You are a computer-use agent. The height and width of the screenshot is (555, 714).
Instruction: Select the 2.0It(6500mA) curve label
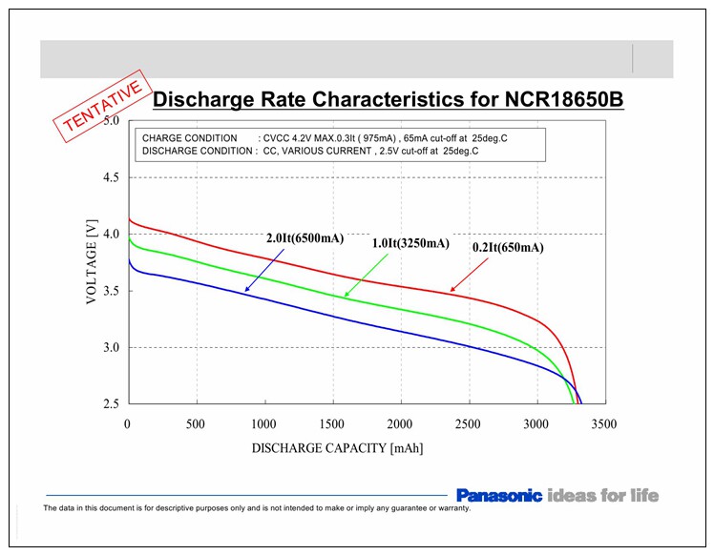click(304, 238)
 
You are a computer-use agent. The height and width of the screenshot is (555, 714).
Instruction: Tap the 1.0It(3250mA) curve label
click(409, 243)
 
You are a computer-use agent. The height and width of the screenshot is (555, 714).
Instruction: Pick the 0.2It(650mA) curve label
click(508, 248)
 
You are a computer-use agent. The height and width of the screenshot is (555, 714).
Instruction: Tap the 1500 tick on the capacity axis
click(332, 424)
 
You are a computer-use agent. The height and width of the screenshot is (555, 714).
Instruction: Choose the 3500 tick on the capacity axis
click(604, 424)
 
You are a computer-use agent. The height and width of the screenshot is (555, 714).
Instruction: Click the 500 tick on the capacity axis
click(196, 424)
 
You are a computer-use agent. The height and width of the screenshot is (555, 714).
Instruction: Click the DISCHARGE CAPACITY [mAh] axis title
click(337, 447)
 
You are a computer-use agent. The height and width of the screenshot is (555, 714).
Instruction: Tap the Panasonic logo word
click(498, 495)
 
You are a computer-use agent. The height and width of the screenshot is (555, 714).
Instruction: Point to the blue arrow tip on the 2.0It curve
click(245, 291)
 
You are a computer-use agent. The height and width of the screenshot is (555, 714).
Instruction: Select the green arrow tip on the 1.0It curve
click(345, 298)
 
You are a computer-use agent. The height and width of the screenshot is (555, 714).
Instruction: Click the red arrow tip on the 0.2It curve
click(451, 291)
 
